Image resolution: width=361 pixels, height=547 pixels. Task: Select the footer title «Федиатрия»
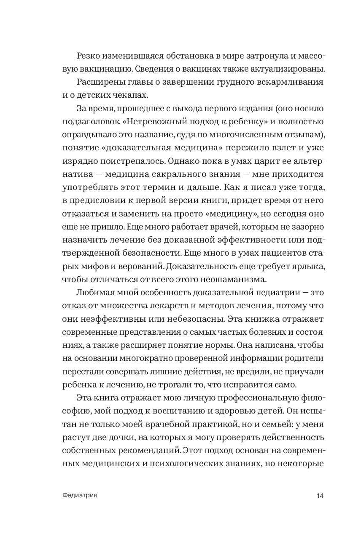(x=79, y=496)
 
